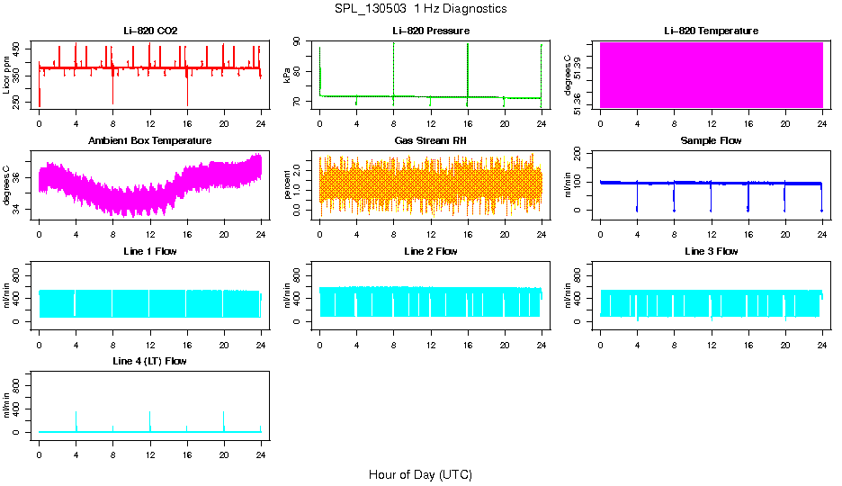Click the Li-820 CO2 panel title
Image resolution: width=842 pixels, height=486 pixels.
[x=150, y=31]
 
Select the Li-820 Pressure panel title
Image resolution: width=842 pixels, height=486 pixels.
[x=430, y=31]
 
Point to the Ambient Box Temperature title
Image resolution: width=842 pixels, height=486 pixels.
[x=150, y=141]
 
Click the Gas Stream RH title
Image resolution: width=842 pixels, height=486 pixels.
[x=430, y=141]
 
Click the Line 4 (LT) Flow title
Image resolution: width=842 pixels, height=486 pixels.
[x=150, y=361]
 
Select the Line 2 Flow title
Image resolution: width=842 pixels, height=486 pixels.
[x=430, y=251]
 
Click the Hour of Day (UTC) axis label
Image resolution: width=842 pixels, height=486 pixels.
[x=420, y=474]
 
